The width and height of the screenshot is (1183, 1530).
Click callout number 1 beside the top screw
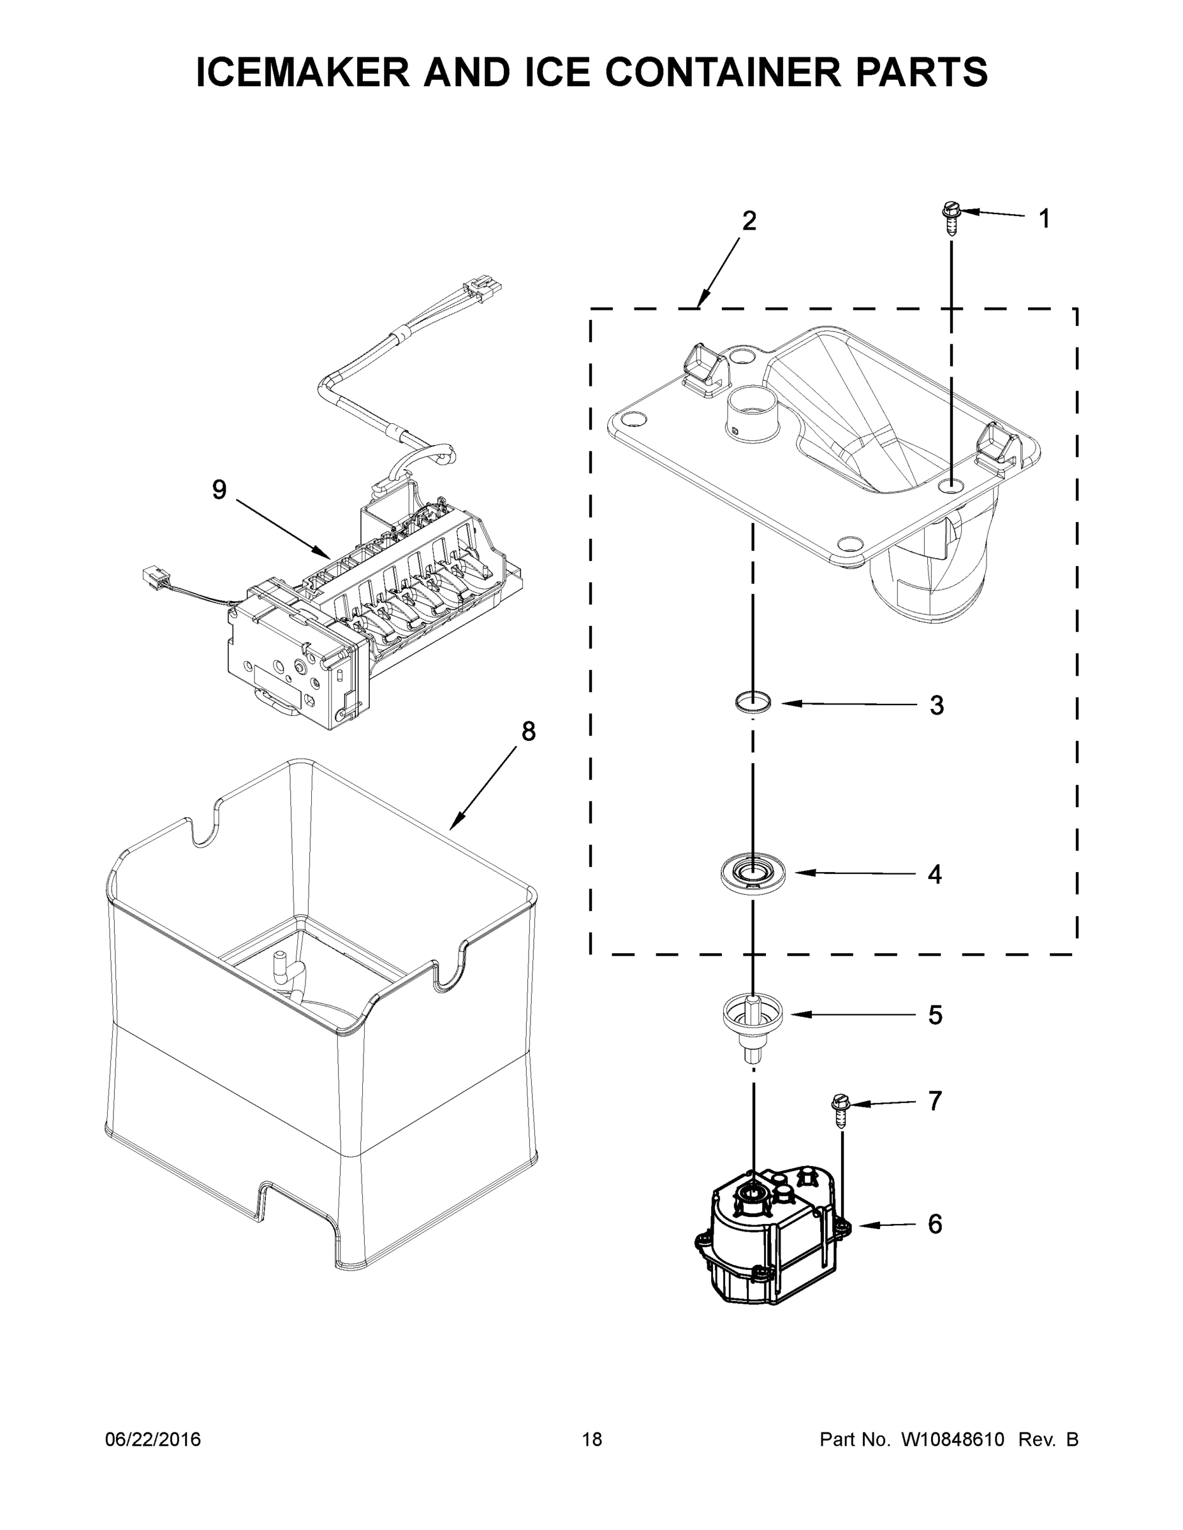point(1044,219)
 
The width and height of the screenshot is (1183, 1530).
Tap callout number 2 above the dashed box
point(749,221)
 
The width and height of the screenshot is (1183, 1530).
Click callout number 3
point(937,706)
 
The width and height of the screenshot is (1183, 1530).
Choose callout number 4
point(935,874)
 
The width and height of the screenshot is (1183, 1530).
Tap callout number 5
point(936,1015)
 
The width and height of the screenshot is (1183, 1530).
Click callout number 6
point(935,1224)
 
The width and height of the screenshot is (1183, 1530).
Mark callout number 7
point(935,1101)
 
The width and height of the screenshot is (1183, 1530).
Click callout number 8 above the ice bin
point(529,732)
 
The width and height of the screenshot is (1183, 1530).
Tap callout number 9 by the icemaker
point(219,490)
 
